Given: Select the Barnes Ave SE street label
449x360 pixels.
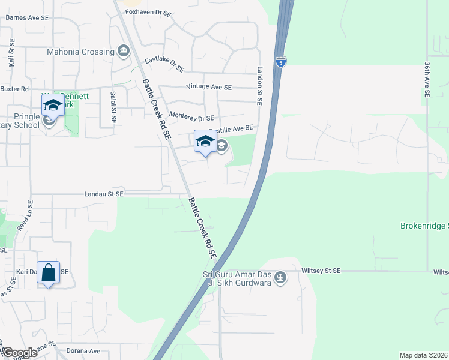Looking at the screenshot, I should coord(26,18).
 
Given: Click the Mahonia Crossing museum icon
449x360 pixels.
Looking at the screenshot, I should coord(124,50).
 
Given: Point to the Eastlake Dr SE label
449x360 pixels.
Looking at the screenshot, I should coord(164,62).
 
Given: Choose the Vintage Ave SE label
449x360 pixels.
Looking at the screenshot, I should coord(209,87).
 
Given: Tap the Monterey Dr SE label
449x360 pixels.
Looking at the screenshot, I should coord(192,118).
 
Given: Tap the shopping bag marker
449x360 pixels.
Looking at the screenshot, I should coord(49,272).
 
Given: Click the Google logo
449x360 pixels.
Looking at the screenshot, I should coord(19,353).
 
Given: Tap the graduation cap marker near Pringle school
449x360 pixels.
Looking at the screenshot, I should coord(53,106).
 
